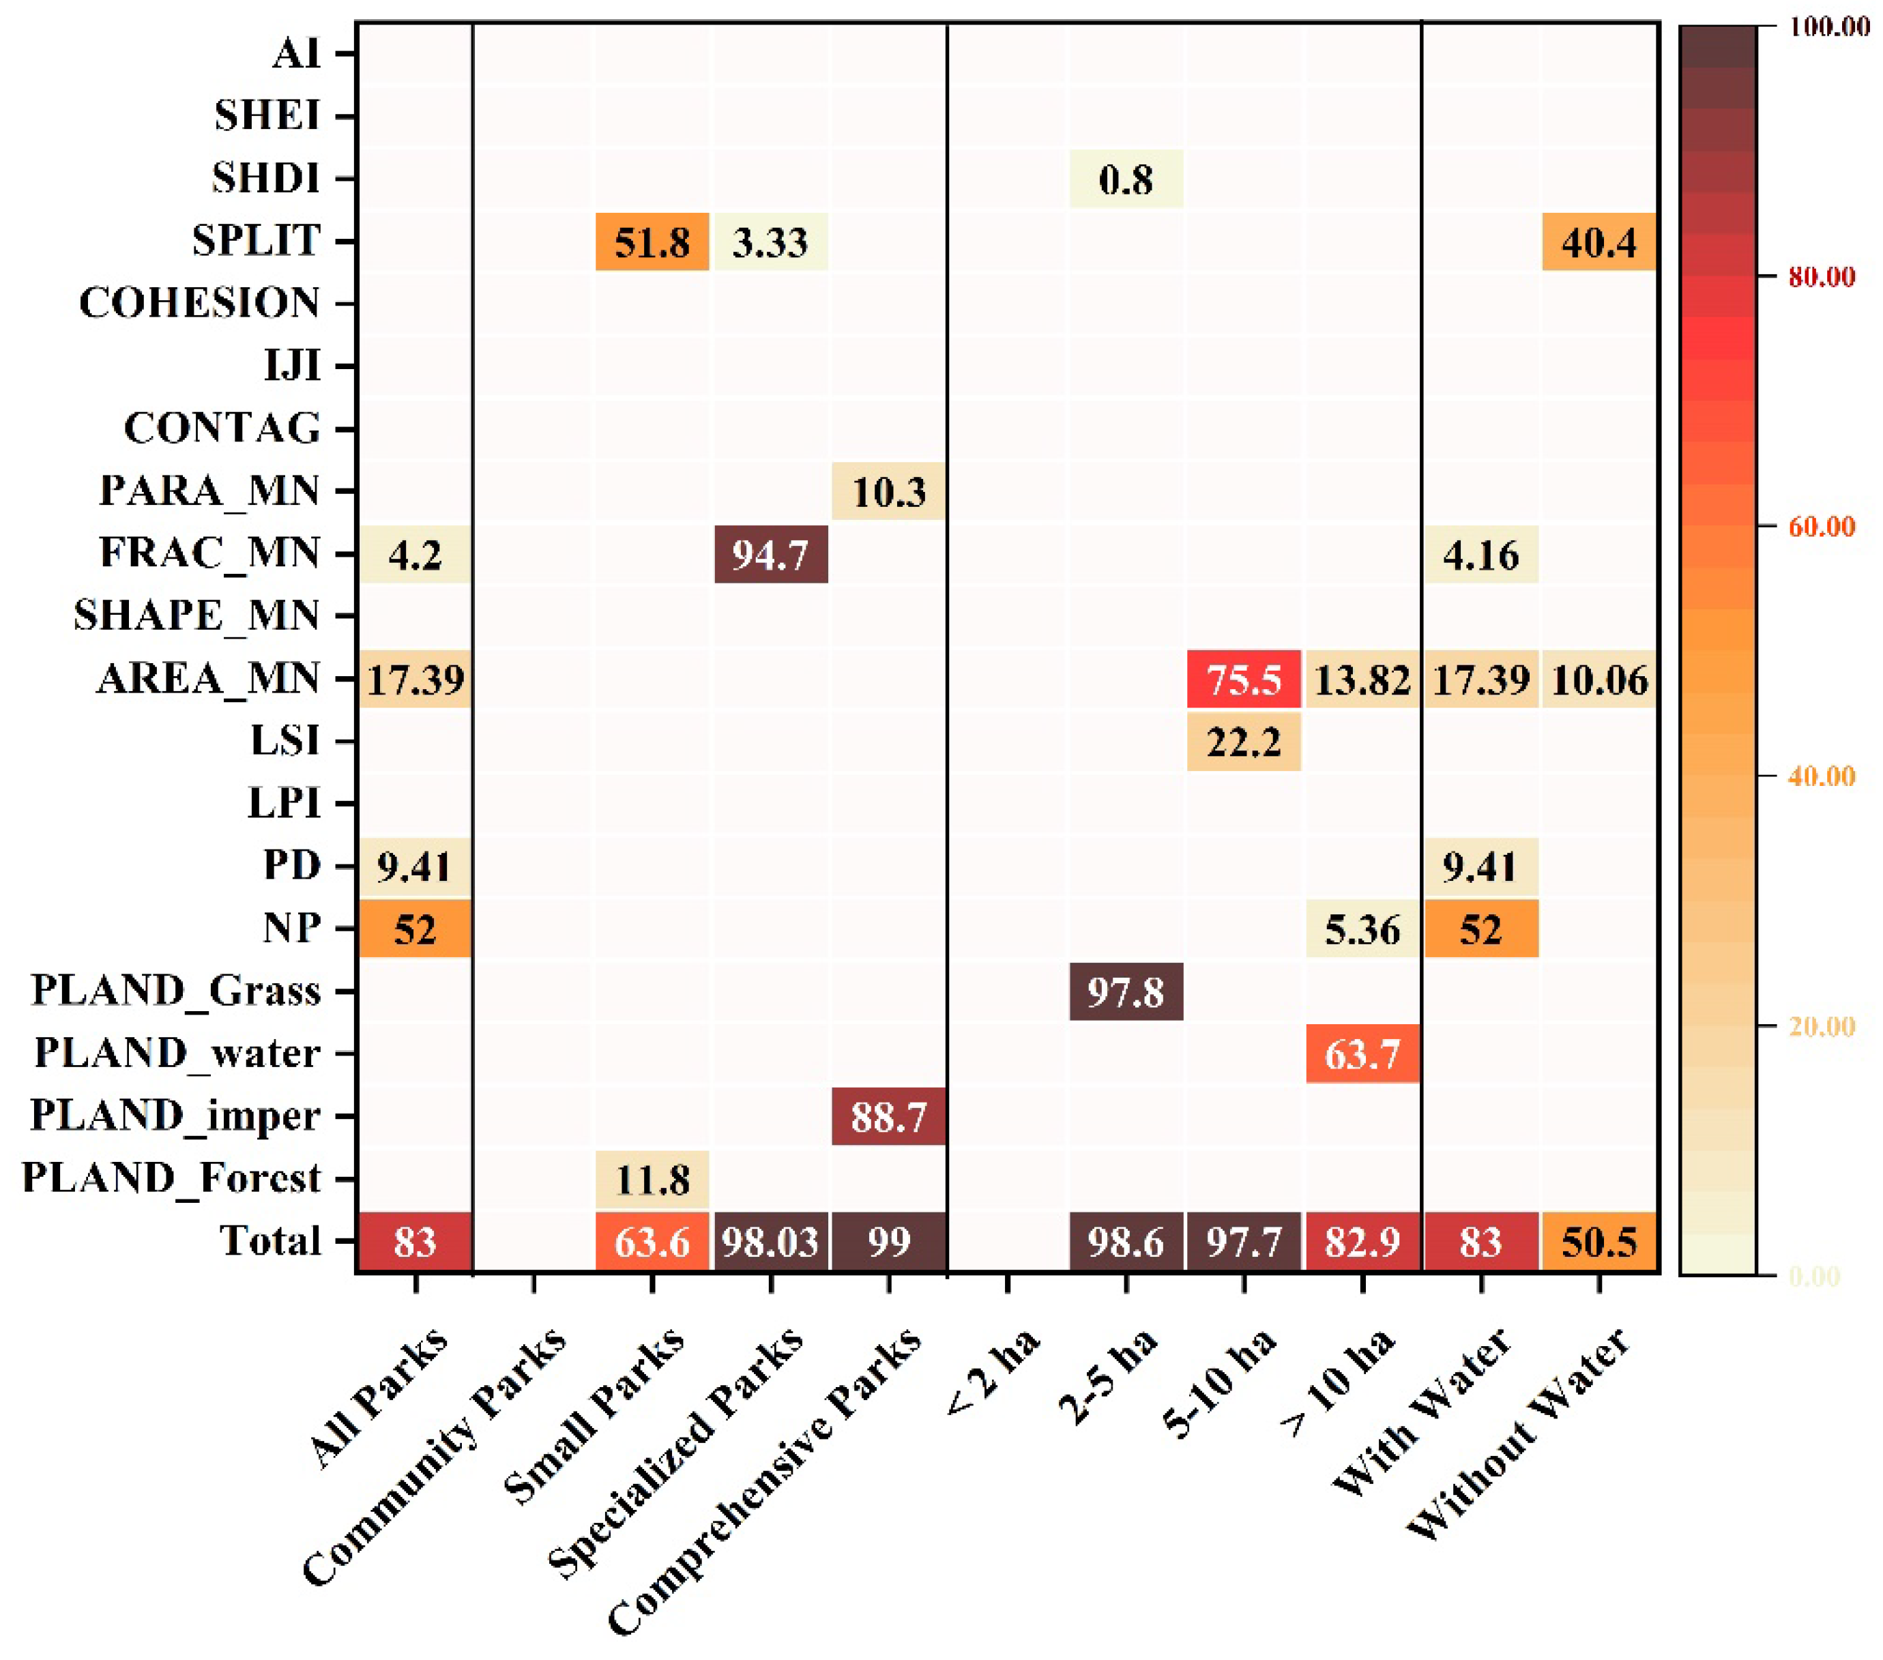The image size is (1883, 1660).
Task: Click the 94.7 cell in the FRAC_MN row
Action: [770, 555]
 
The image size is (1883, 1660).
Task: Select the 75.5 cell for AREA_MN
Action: [1244, 680]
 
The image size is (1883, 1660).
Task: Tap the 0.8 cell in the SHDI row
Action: [1126, 179]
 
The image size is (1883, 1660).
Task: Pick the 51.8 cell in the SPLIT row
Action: [652, 242]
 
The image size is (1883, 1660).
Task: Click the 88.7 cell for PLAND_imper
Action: [888, 1116]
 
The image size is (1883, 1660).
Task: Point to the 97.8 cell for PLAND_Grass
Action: [1126, 992]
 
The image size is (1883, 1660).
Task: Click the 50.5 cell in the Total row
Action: [1599, 1242]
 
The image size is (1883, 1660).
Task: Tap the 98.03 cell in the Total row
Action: [770, 1242]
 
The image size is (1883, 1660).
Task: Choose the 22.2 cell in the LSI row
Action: [1244, 742]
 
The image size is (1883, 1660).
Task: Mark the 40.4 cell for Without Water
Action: [1599, 242]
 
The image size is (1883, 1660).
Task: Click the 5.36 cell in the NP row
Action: [1362, 929]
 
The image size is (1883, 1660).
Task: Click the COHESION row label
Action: [199, 303]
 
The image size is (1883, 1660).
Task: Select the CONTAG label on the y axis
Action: [222, 428]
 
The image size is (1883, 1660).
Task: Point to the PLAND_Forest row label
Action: [171, 1178]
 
